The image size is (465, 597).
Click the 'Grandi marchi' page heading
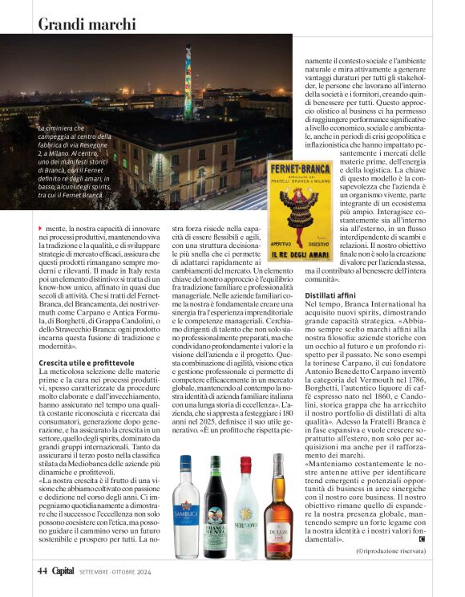87,23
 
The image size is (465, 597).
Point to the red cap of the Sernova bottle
245,463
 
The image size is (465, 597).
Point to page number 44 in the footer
42,571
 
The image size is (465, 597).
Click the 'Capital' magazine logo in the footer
63,571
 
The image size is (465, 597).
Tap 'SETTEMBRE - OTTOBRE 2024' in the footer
116,572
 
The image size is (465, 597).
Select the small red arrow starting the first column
40,230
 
